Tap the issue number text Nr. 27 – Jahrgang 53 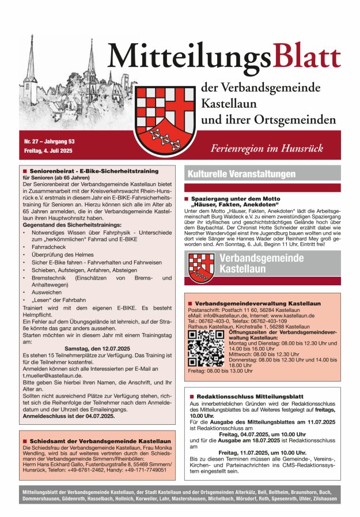click(x=50, y=141)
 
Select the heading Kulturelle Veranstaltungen click(x=241, y=173)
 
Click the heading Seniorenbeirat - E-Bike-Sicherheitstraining click(x=93, y=171)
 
